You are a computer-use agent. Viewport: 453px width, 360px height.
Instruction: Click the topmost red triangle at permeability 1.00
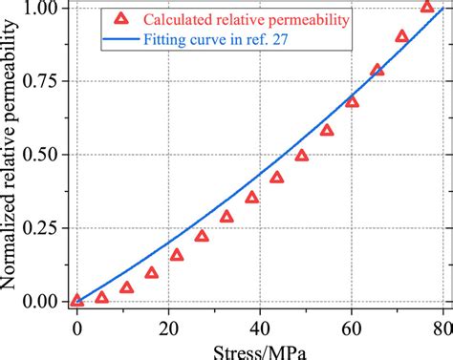tap(427, 8)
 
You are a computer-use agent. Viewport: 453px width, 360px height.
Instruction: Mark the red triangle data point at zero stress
tap(77, 301)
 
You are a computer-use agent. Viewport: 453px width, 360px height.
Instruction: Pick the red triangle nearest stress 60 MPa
tap(352, 102)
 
